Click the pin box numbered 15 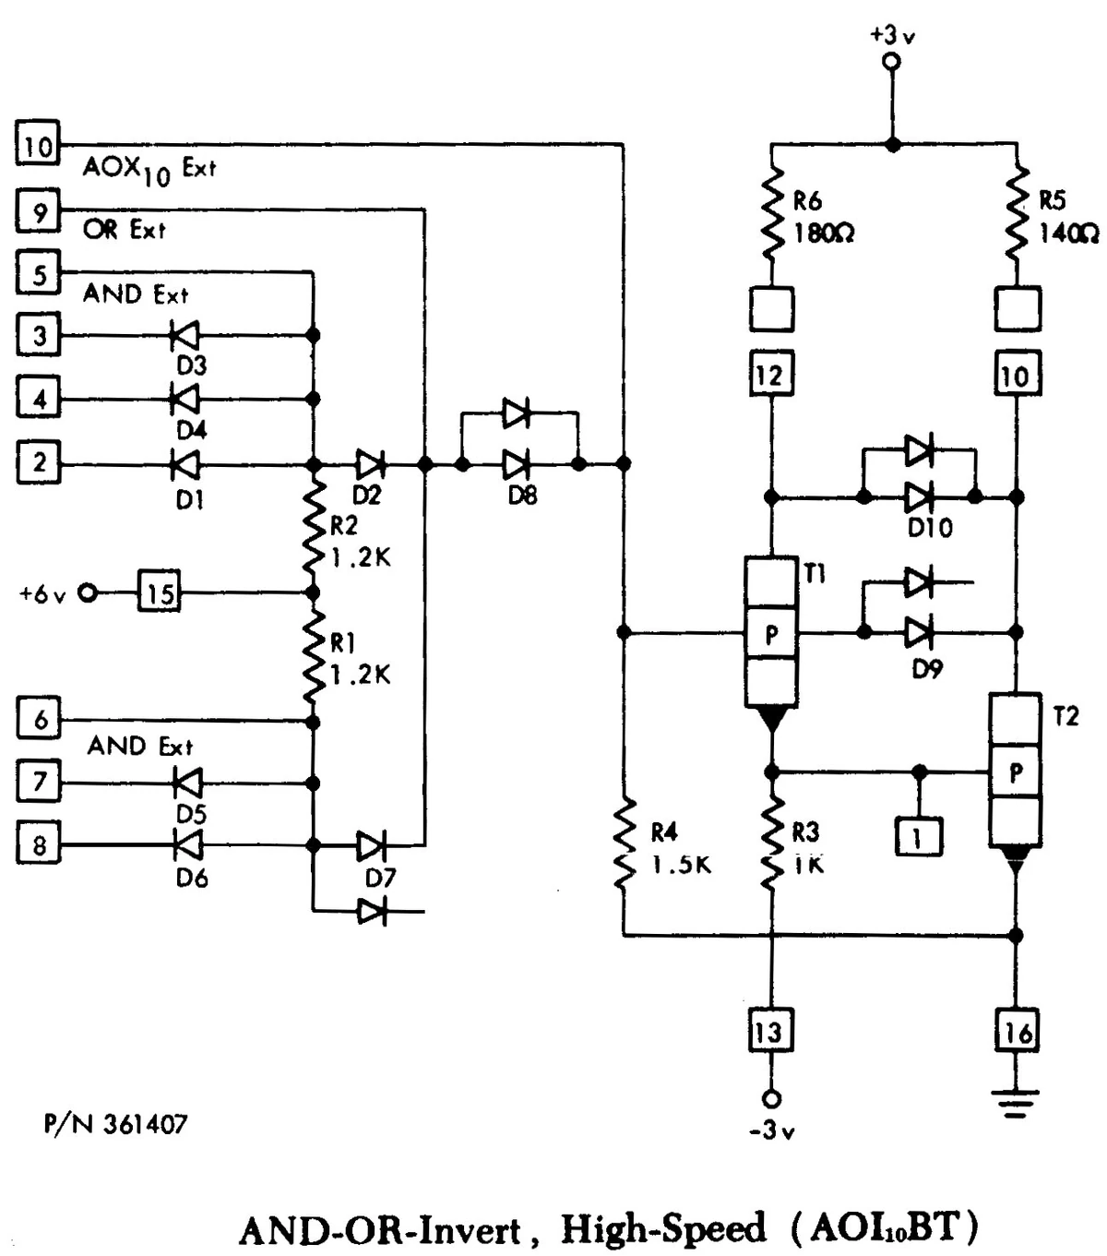coord(160,592)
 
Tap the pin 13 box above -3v coord(768,1031)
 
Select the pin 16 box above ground coord(1016,1031)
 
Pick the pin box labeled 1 coord(918,836)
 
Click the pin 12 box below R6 coord(769,375)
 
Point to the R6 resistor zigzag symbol coord(772,213)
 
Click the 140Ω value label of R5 coord(1068,233)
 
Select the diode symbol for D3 coord(186,336)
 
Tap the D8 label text coord(522,496)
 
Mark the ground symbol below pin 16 coord(1016,1103)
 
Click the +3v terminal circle coord(891,63)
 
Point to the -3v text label coord(771,1130)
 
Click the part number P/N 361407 coord(115,1124)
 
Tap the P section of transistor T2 coord(1015,772)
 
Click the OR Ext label coord(124,229)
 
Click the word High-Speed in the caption coord(662,1228)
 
